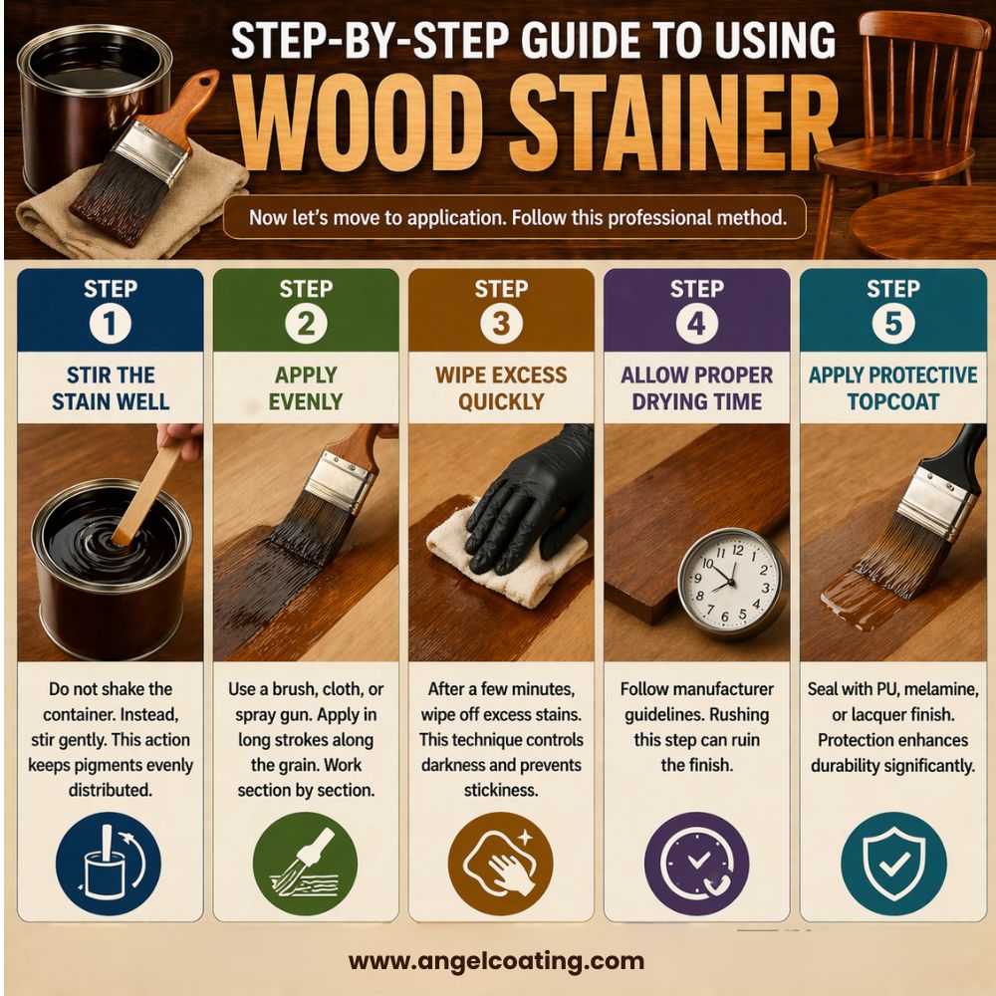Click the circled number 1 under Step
point(110,323)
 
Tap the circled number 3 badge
point(500,323)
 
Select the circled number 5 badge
point(891,323)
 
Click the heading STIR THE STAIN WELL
point(110,388)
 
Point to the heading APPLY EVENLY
point(305,388)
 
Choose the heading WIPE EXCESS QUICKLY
point(500,388)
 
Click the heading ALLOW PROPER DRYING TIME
point(696,388)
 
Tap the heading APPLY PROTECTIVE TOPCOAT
point(891,388)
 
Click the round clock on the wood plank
point(729,583)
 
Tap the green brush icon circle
point(305,859)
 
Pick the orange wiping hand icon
point(500,859)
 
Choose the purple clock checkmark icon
point(696,859)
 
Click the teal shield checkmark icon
point(891,859)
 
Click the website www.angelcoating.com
point(496,961)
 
